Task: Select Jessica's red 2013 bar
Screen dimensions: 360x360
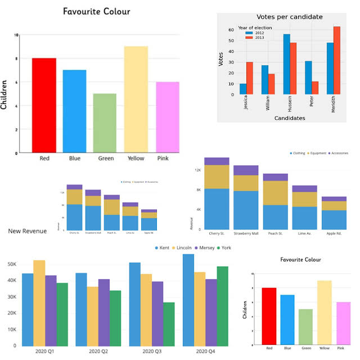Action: point(249,78)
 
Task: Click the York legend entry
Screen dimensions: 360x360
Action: point(225,248)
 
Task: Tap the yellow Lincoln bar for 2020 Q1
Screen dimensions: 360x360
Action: point(39,303)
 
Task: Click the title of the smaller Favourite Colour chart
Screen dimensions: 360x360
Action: point(301,260)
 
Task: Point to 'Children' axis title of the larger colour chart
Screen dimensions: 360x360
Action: point(4,94)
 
